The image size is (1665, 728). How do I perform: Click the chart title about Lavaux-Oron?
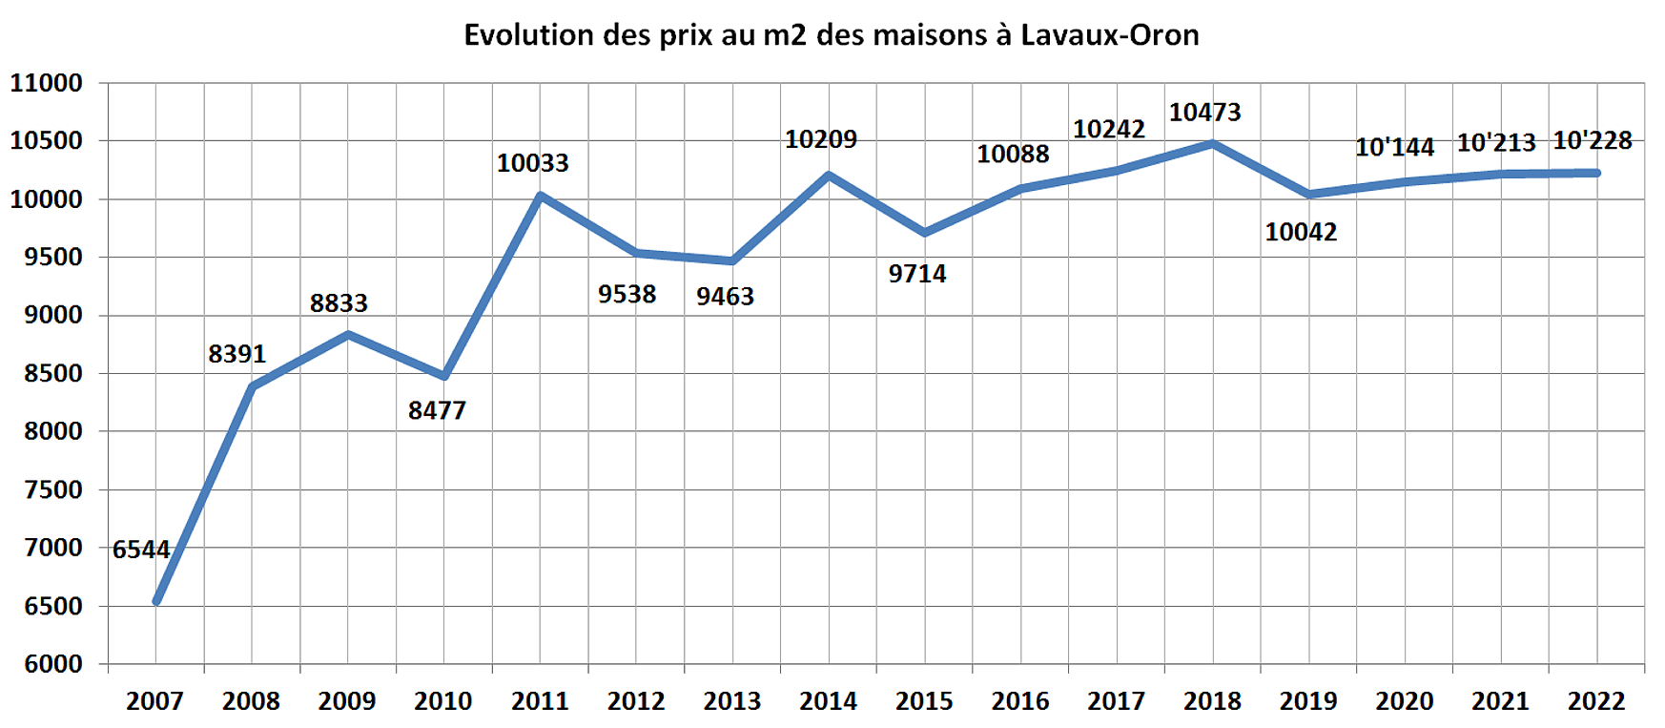(831, 35)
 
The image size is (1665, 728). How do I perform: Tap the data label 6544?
(141, 550)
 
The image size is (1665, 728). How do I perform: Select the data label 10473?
(1204, 113)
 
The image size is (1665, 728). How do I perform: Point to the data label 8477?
(437, 410)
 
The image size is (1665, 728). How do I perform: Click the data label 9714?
(916, 274)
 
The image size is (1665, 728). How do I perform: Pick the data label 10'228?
(1592, 141)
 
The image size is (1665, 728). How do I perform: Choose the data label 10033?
(532, 163)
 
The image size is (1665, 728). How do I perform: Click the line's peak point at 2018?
(1212, 144)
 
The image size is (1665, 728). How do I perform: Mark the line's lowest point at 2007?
(157, 601)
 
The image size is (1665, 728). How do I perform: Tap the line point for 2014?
(828, 176)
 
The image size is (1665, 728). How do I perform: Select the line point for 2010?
(444, 376)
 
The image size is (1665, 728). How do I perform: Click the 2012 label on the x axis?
(636, 701)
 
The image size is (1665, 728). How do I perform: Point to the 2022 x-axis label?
(1595, 701)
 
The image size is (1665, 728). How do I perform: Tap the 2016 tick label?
(1019, 701)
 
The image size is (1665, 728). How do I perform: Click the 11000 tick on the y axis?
(47, 83)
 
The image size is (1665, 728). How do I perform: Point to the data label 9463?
(725, 297)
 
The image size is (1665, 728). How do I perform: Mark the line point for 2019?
(1308, 195)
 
